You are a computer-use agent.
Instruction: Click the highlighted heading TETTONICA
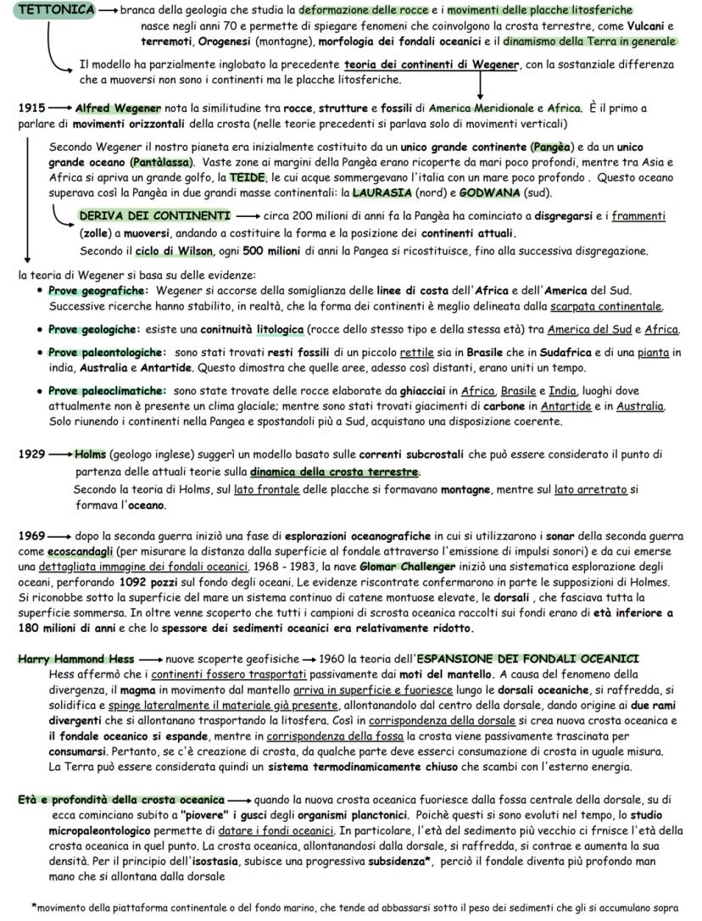tap(56, 10)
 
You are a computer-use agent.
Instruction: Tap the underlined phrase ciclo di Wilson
tap(168, 251)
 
